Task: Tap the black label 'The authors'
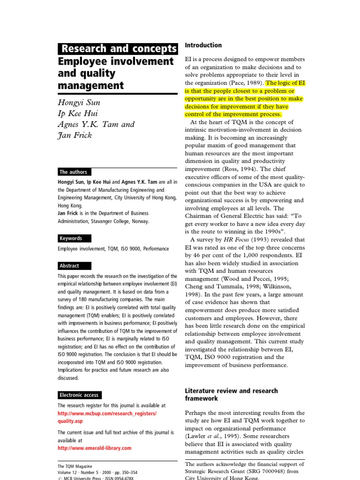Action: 73,172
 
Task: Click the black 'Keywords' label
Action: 71,238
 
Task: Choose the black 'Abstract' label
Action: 69,265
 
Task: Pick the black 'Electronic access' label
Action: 79,395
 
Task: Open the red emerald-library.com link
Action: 94,448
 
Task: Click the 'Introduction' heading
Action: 203,45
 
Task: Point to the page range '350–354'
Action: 128,472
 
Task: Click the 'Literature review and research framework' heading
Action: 231,394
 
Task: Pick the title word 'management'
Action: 91,85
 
